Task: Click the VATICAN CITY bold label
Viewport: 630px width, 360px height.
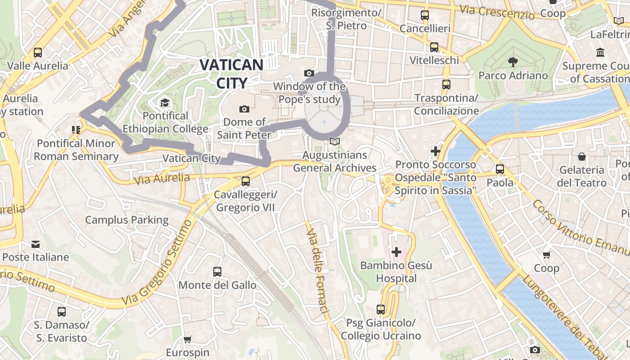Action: click(x=231, y=73)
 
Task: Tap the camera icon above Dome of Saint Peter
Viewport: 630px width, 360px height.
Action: click(x=244, y=109)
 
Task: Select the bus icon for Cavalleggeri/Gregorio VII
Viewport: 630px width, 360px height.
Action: click(x=245, y=181)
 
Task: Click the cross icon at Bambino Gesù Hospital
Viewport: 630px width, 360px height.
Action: click(x=396, y=252)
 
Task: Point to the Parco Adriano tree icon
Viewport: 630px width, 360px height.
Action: click(x=513, y=62)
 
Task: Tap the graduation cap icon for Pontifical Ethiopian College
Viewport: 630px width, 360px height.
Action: click(x=165, y=103)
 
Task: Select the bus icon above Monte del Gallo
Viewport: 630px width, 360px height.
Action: click(x=217, y=272)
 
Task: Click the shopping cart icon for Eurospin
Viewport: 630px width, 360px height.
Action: click(x=188, y=339)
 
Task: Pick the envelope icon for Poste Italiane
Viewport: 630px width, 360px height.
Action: click(x=36, y=244)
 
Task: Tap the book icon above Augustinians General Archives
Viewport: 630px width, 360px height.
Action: click(x=334, y=142)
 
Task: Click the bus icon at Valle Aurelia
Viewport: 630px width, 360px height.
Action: click(x=38, y=53)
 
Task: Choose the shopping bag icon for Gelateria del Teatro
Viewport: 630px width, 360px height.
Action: click(x=582, y=157)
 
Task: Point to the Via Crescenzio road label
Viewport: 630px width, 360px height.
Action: click(x=497, y=12)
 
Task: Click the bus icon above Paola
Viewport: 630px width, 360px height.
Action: click(x=500, y=169)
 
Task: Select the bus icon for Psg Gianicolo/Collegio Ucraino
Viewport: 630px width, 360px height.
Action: click(x=381, y=310)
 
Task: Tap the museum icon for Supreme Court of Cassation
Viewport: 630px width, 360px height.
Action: click(x=600, y=53)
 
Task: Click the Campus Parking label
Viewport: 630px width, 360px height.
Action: click(x=127, y=220)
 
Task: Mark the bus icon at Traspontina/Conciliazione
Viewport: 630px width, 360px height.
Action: click(x=446, y=85)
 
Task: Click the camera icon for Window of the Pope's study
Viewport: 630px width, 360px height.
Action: click(x=309, y=73)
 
